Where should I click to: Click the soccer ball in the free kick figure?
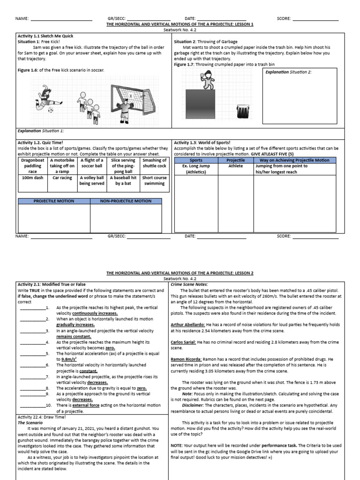point(51,110)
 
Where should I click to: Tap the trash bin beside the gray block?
point(243,111)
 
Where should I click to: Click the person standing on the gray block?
point(206,81)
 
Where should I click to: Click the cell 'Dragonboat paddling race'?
point(32,166)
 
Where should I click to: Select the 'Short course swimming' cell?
point(154,181)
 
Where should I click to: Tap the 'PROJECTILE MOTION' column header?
point(54,201)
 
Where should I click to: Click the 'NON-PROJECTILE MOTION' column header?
point(126,201)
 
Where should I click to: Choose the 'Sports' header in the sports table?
point(195,160)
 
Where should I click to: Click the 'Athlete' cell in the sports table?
point(236,166)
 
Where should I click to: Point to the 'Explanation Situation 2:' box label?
point(289,72)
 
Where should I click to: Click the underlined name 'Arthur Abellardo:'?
point(187,324)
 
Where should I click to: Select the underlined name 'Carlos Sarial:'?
point(183,343)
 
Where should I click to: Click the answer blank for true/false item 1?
point(32,307)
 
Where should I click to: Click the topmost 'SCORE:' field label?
point(284,19)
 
